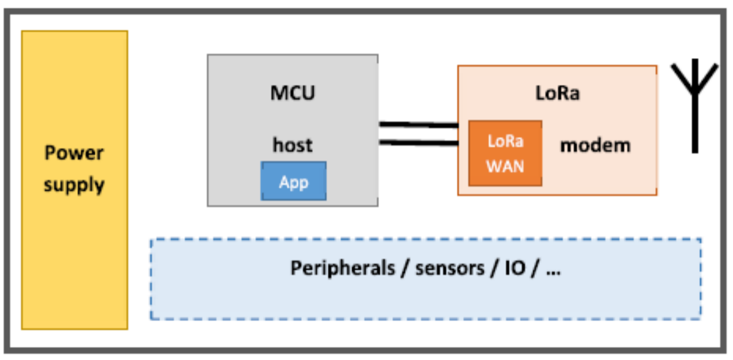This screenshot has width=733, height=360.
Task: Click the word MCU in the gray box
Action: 293,93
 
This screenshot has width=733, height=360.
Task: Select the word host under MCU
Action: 293,145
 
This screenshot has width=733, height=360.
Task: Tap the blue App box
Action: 294,181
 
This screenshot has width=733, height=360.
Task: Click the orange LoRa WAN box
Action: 505,153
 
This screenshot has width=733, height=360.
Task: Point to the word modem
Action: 595,145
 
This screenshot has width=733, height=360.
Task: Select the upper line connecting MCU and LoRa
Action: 418,125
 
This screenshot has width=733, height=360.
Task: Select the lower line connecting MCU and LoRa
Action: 418,143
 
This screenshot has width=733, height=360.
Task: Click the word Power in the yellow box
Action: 74,153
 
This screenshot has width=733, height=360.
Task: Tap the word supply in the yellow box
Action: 74,185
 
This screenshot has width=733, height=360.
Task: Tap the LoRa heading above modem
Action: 557,93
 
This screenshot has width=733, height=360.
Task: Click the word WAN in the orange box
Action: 505,166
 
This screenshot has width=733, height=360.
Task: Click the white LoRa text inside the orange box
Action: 505,141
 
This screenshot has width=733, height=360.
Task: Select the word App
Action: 294,182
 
